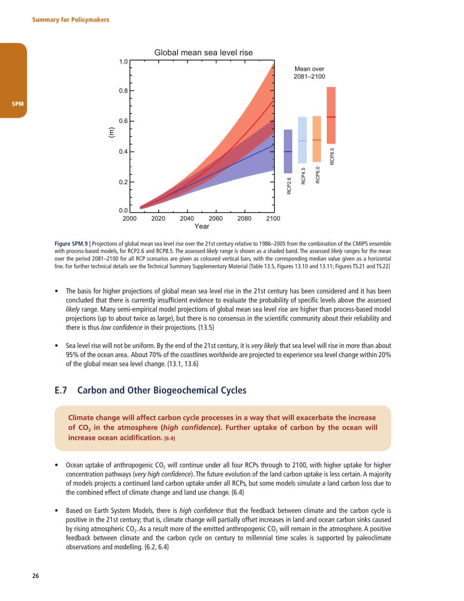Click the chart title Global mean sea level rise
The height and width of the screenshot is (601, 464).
203,52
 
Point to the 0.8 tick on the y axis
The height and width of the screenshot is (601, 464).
124,91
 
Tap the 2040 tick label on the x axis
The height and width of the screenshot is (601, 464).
187,218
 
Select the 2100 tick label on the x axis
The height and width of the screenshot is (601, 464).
273,218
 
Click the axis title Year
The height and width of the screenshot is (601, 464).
202,226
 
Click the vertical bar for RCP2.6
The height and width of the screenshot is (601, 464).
288,151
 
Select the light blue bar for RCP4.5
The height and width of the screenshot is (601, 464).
302,140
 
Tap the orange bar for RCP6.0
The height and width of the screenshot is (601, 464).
316,139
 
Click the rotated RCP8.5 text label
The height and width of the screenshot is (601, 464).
332,154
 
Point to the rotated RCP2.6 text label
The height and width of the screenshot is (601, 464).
289,186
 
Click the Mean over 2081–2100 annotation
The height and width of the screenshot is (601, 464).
309,73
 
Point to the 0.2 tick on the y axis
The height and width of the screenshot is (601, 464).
124,182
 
